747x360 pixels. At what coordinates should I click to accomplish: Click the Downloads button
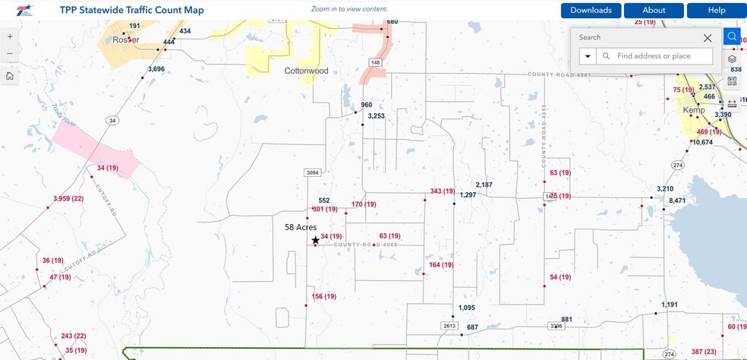[x=591, y=11]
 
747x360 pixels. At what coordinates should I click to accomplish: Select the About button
[x=654, y=11]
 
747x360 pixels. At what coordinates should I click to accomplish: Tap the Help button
[x=717, y=11]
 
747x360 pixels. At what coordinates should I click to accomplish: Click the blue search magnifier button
[x=731, y=36]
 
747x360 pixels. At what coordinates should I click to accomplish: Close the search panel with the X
[x=708, y=37]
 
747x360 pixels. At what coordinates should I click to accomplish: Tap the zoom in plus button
[x=9, y=36]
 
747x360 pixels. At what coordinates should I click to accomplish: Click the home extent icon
[x=9, y=76]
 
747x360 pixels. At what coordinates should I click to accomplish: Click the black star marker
[x=315, y=240]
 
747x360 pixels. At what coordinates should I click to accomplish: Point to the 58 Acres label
[x=300, y=227]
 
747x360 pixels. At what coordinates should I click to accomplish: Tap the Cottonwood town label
[x=306, y=71]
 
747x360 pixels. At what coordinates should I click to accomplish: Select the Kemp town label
[x=694, y=110]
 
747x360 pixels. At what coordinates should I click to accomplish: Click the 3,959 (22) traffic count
[x=68, y=199]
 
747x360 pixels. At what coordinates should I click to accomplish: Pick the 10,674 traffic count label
[x=702, y=143]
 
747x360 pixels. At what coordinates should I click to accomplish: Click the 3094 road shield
[x=312, y=173]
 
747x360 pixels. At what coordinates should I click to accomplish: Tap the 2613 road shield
[x=449, y=326]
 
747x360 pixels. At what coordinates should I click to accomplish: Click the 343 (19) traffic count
[x=442, y=191]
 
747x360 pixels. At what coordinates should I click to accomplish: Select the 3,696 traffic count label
[x=156, y=69]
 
